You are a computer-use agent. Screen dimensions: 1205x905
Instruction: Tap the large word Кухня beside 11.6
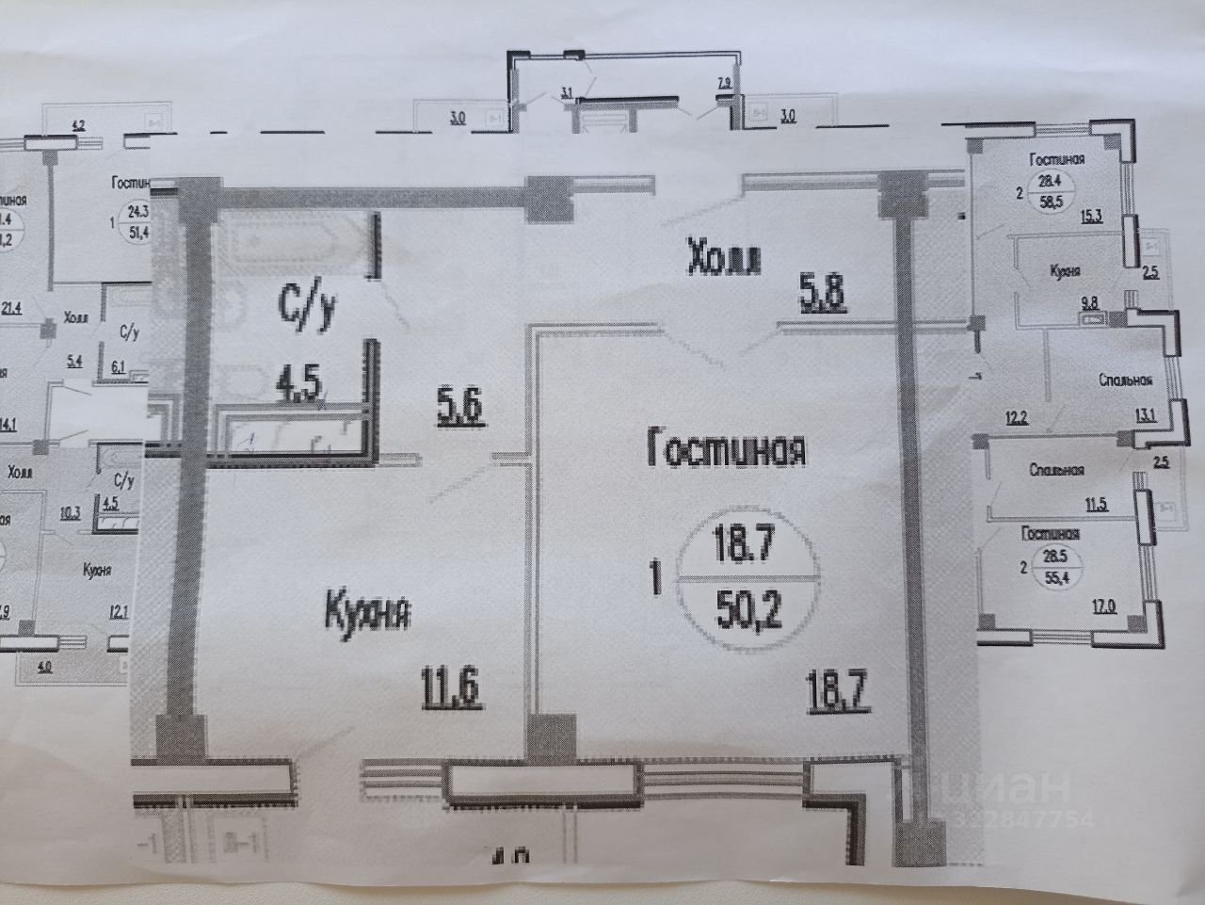pos(368,614)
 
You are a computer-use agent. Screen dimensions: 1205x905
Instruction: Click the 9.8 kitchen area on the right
pos(1090,302)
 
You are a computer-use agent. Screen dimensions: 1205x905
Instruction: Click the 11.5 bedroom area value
pos(1096,504)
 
